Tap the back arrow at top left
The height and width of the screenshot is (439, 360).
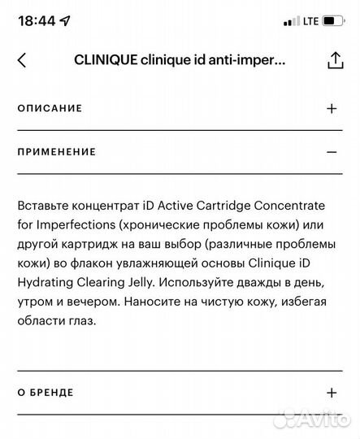(22, 60)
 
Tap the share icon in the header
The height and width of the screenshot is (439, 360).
(333, 60)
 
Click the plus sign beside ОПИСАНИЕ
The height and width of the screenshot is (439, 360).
(331, 108)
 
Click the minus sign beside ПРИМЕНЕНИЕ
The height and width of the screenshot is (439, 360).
(331, 151)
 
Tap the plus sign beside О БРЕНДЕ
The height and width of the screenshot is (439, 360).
(331, 393)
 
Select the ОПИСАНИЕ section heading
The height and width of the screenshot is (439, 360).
(50, 108)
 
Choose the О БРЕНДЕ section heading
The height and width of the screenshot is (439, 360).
(46, 393)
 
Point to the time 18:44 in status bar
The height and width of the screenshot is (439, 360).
(34, 20)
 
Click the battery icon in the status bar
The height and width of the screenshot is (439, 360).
(332, 20)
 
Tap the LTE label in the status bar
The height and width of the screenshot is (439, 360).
(311, 20)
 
